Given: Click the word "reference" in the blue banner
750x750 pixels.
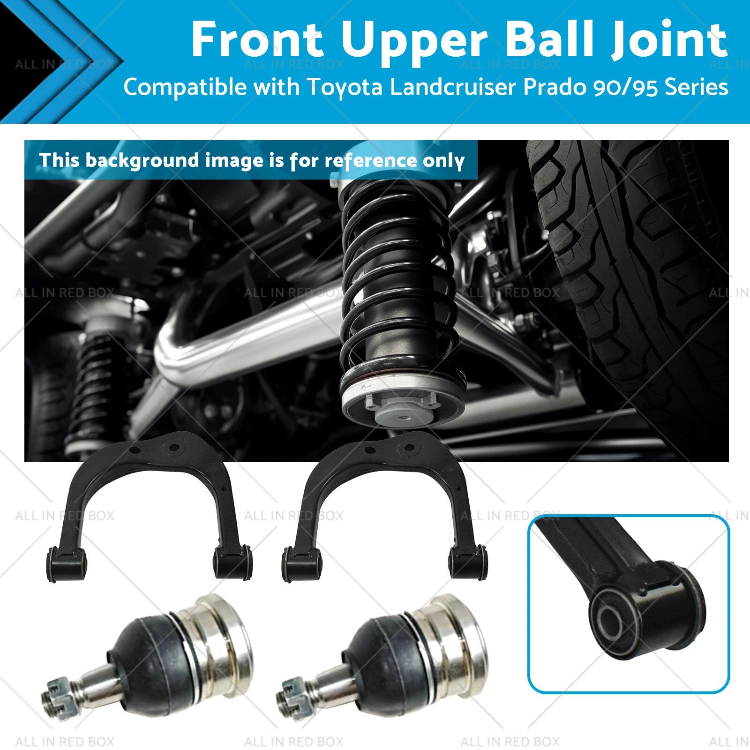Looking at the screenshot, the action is pos(370,161).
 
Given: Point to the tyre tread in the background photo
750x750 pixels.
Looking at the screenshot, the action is pos(628,262).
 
